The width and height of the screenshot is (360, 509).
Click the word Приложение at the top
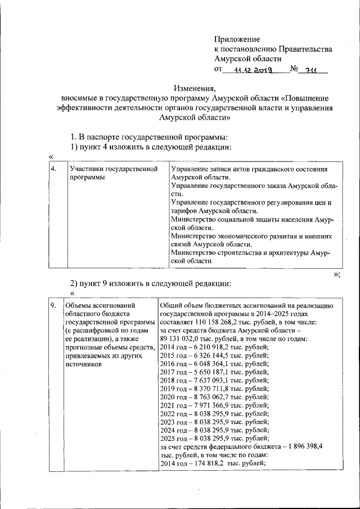click(x=237, y=39)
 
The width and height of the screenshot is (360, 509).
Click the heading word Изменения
click(x=195, y=88)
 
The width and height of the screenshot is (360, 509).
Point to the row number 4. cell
click(x=53, y=169)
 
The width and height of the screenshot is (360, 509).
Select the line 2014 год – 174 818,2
click(x=211, y=464)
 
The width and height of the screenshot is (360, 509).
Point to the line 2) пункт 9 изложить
click(x=151, y=283)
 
